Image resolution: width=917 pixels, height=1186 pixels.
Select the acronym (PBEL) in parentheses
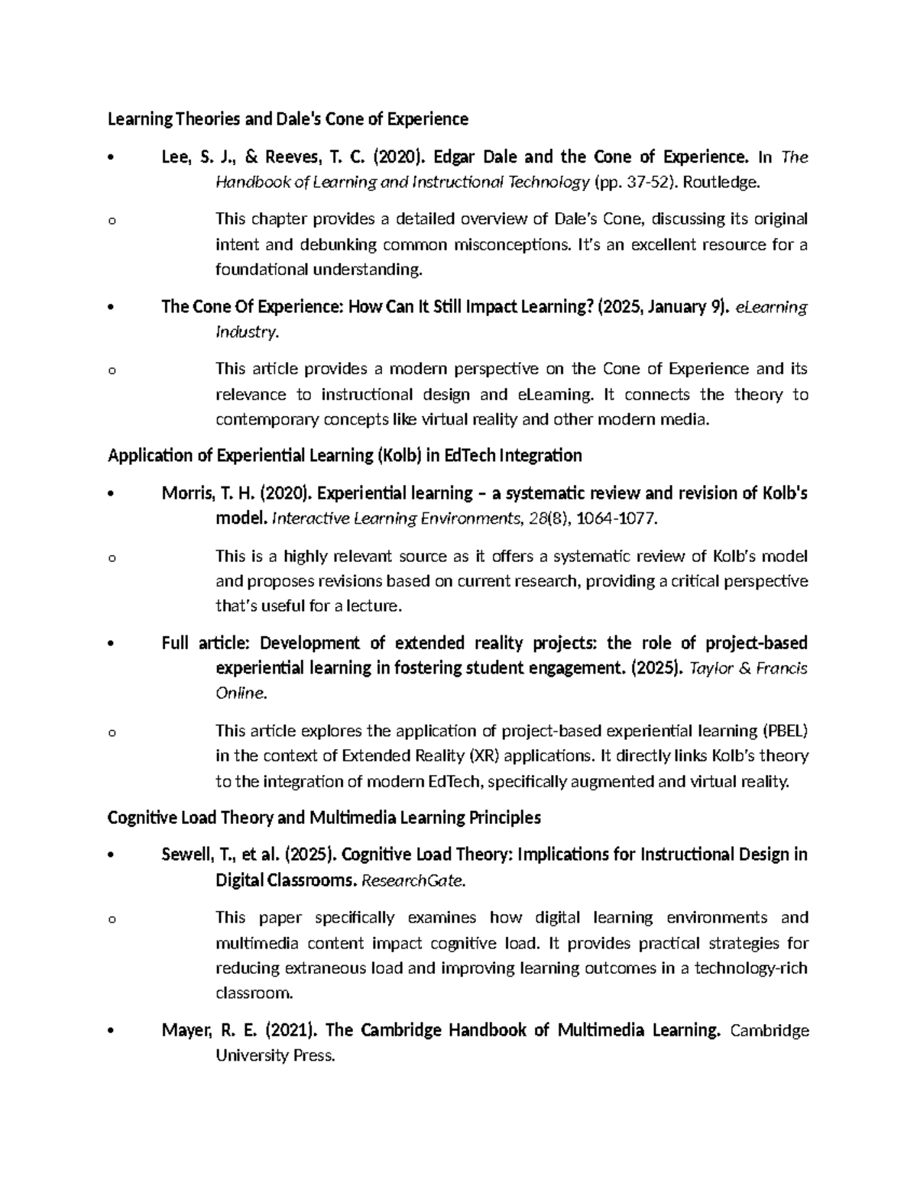[x=784, y=731]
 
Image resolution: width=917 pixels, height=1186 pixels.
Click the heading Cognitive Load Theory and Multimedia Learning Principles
[x=324, y=818]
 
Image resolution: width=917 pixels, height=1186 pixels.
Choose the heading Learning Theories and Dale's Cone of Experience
[x=287, y=119]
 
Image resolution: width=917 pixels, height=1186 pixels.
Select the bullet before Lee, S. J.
[x=112, y=158]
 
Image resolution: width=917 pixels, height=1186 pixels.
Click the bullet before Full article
[x=112, y=643]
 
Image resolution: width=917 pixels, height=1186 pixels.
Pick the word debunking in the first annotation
[x=333, y=245]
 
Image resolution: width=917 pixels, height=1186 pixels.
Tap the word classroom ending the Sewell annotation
[x=253, y=994]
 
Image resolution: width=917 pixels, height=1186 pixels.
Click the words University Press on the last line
[x=275, y=1056]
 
